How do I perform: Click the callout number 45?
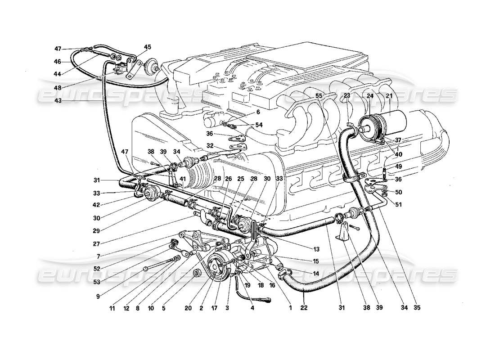pyautogui.click(x=148, y=47)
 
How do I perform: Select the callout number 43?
pyautogui.click(x=68, y=101)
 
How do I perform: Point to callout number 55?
pyautogui.click(x=319, y=96)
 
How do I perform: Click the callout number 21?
pyautogui.click(x=389, y=96)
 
